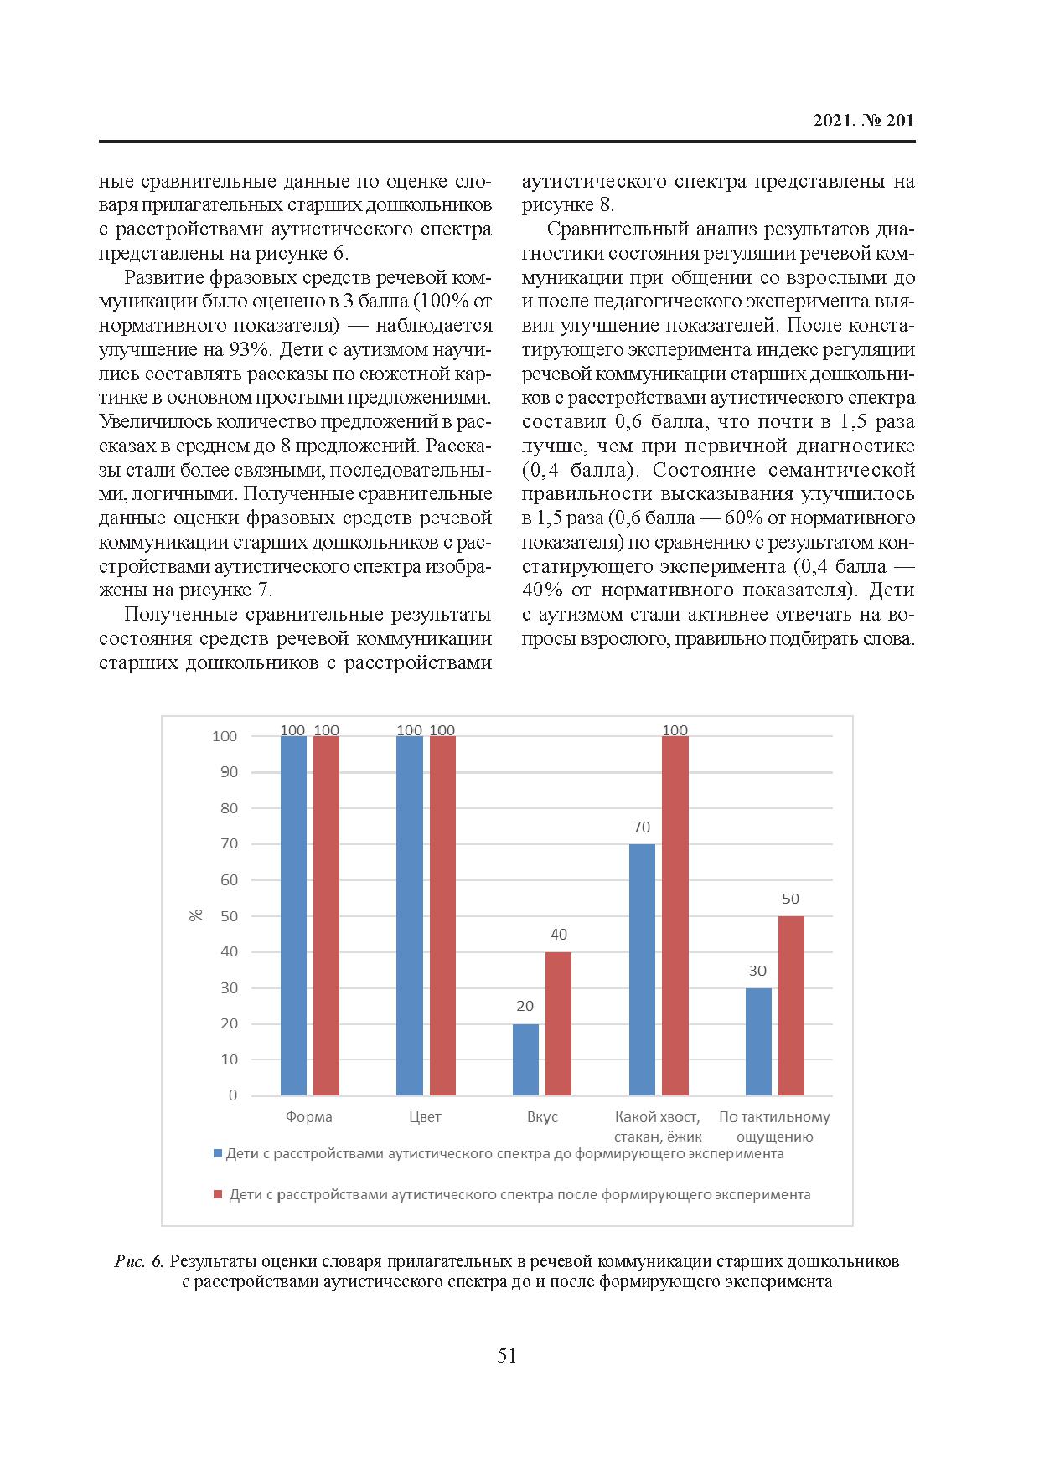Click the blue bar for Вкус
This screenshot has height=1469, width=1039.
[x=525, y=1059]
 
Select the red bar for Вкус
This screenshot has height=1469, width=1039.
[x=558, y=1023]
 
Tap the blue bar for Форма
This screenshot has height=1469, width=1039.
[x=293, y=915]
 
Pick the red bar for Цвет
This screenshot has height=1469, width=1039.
[x=442, y=915]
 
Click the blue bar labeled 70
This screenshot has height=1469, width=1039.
[x=642, y=969]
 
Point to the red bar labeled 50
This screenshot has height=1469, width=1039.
[x=791, y=1005]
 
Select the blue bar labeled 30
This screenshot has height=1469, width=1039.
[x=758, y=1041]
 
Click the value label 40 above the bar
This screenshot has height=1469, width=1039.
[x=558, y=935]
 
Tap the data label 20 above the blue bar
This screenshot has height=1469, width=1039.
[x=525, y=1006]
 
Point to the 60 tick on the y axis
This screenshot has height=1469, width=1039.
[x=229, y=880]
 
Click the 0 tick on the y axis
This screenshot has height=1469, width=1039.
[x=233, y=1095]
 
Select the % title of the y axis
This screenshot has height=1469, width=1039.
[x=197, y=915]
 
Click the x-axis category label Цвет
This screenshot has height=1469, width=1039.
[x=426, y=1117]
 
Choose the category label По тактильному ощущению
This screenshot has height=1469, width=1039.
[x=774, y=1126]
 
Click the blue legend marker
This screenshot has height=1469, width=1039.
[x=218, y=1154]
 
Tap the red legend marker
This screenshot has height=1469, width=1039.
[x=218, y=1195]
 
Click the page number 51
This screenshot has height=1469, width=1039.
[x=507, y=1356]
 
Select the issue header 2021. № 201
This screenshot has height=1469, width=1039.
[x=863, y=121]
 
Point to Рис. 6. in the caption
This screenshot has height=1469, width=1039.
[x=138, y=1261]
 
